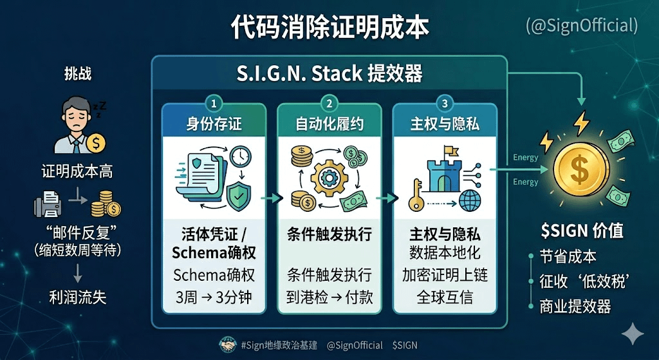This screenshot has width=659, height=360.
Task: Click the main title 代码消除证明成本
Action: (329, 28)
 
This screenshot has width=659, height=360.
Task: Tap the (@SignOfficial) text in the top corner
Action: (582, 25)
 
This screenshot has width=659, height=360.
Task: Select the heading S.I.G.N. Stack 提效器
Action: (329, 73)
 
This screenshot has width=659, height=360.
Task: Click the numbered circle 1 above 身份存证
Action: (214, 103)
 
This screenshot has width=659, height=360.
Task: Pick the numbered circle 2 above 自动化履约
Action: (329, 103)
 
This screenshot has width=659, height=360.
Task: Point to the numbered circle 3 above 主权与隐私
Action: (445, 103)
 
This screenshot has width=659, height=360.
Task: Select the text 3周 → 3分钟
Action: (214, 298)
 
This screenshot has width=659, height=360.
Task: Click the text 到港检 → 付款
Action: (329, 298)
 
